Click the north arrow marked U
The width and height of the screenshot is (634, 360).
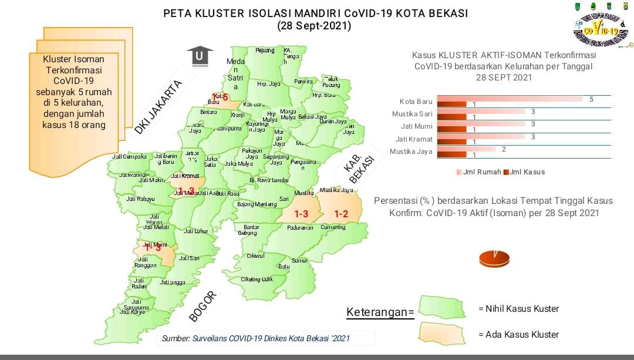[200, 56]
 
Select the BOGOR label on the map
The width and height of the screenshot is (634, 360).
[204, 307]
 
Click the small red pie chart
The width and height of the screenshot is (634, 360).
[494, 258]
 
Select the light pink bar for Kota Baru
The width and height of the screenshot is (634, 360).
[510, 99]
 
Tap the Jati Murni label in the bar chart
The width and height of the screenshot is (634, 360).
[417, 126]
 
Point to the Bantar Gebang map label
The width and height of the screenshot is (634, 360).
[251, 230]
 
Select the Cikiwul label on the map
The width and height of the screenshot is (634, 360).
[255, 256]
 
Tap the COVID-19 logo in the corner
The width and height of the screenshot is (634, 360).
[600, 25]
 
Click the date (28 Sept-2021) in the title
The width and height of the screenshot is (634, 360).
[314, 26]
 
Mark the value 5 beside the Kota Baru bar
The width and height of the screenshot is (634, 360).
[591, 99]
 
